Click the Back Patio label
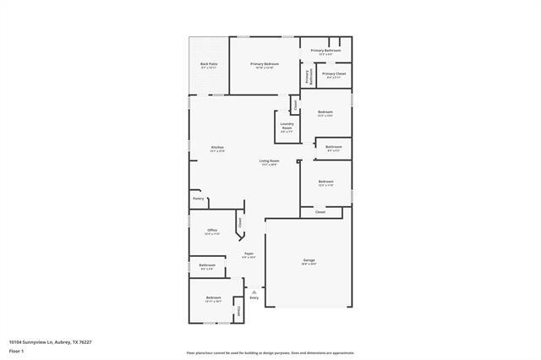209,64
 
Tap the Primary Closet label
334,74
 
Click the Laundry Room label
287,127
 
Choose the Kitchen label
217,148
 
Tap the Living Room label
269,161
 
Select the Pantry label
198,199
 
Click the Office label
212,230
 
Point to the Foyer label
249,254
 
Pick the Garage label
309,260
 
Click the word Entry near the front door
254,298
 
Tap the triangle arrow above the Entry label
254,292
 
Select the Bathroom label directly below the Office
207,265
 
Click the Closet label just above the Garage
320,212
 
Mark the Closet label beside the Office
239,223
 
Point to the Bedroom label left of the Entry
213,297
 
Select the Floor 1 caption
17,350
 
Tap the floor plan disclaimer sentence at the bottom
270,352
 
